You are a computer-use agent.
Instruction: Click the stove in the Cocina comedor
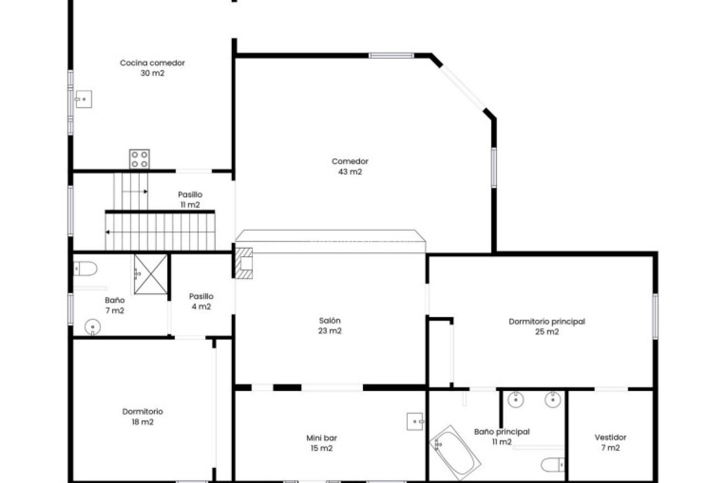[x=139, y=159]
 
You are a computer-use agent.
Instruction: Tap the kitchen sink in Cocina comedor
[x=83, y=99]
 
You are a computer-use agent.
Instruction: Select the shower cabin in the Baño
[x=151, y=274]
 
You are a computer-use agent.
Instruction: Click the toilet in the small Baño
[x=86, y=269]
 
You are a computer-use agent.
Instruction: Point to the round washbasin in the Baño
[x=93, y=327]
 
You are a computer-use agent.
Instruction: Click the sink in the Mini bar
[x=415, y=421]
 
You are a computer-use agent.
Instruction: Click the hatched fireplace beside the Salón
[x=244, y=263]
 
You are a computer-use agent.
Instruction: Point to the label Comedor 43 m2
[x=350, y=166]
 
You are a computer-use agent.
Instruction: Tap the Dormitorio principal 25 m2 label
[x=546, y=327]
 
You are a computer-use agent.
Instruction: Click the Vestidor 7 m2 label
[x=610, y=443]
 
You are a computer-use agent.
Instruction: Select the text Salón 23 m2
[x=330, y=326]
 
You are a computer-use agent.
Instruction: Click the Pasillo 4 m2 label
[x=201, y=301]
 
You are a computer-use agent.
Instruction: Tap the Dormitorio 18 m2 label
[x=142, y=417]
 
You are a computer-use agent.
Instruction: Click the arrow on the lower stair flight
[x=108, y=232]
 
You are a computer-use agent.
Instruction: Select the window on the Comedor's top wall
[x=391, y=56]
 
